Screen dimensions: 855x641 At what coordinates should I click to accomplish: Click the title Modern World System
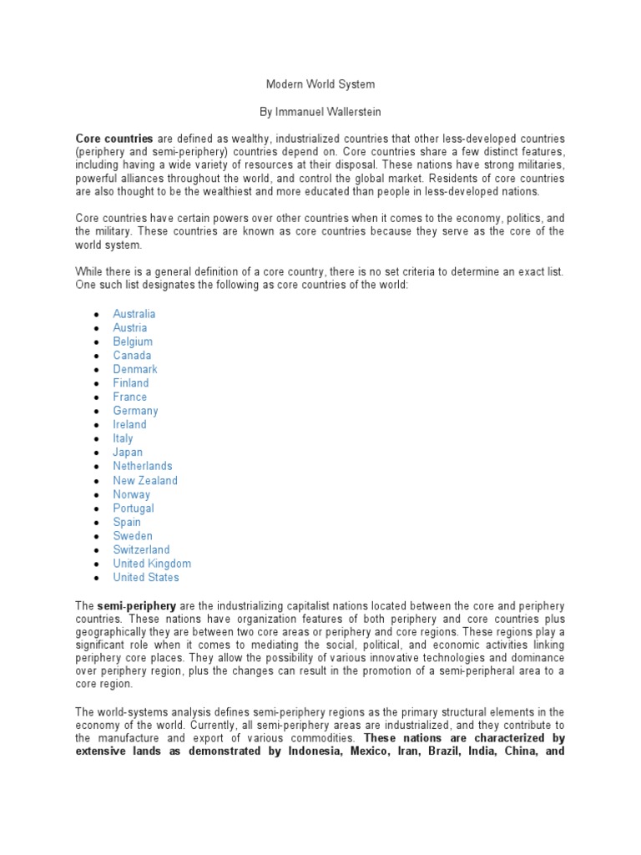pyautogui.click(x=320, y=84)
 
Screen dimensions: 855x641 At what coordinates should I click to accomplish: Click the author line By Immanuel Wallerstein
pyautogui.click(x=320, y=111)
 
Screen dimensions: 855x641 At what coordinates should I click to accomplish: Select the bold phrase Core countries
pyautogui.click(x=114, y=138)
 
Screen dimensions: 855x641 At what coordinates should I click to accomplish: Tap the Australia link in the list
pyautogui.click(x=134, y=314)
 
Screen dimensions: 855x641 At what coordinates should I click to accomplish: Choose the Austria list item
pyautogui.click(x=130, y=328)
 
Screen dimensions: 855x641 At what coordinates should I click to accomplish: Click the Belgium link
pyautogui.click(x=133, y=341)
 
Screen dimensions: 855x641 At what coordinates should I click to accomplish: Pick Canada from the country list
pyautogui.click(x=132, y=356)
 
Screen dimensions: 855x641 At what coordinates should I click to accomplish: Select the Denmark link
pyautogui.click(x=135, y=369)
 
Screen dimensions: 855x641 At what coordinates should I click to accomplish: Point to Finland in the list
pyautogui.click(x=131, y=383)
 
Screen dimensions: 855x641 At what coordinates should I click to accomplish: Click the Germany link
pyautogui.click(x=135, y=411)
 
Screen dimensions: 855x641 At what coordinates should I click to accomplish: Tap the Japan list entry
pyautogui.click(x=128, y=453)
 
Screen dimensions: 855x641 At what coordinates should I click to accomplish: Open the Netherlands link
pyautogui.click(x=143, y=466)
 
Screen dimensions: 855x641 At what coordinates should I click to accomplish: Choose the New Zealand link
pyautogui.click(x=145, y=480)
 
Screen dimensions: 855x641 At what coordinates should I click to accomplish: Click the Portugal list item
pyautogui.click(x=134, y=508)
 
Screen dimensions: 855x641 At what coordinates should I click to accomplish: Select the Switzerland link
pyautogui.click(x=141, y=549)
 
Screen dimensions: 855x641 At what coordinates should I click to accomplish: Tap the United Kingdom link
pyautogui.click(x=152, y=564)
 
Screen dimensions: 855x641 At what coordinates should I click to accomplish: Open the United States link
pyautogui.click(x=146, y=577)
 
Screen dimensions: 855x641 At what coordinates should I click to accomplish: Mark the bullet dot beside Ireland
pyautogui.click(x=97, y=425)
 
